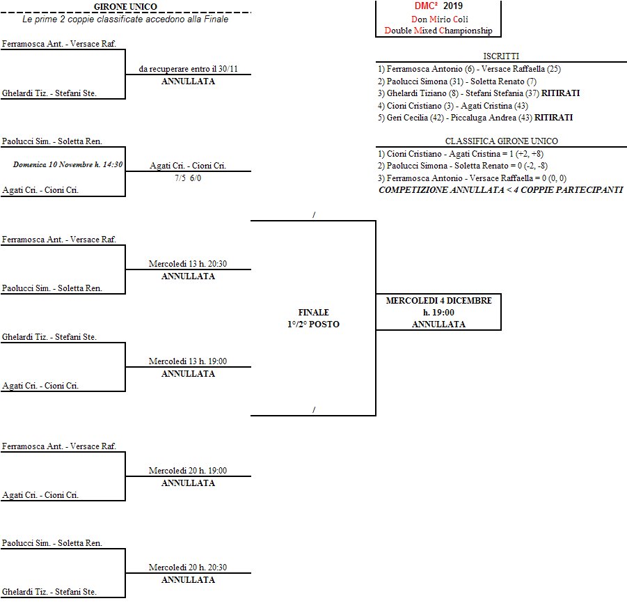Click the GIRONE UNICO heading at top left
tap(125, 7)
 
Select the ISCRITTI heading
tap(501, 56)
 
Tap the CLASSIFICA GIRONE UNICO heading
tap(501, 141)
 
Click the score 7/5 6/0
tap(188, 178)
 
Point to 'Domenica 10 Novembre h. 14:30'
tap(68, 165)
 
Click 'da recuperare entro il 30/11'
tap(188, 69)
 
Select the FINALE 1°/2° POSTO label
tap(313, 318)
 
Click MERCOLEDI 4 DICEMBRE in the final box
tap(438, 301)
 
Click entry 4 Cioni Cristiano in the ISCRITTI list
tap(453, 106)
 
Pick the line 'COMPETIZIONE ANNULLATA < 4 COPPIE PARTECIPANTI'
tap(500, 190)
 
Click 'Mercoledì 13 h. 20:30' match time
tap(188, 264)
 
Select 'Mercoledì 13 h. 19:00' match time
tap(188, 361)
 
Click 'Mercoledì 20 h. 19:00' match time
tap(188, 471)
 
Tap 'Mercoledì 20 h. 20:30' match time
tap(188, 568)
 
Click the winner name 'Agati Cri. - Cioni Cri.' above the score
tap(188, 166)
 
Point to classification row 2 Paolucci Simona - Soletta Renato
tap(473, 166)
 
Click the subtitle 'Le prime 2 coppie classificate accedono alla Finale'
tap(125, 19)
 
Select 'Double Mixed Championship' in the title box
tap(438, 31)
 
